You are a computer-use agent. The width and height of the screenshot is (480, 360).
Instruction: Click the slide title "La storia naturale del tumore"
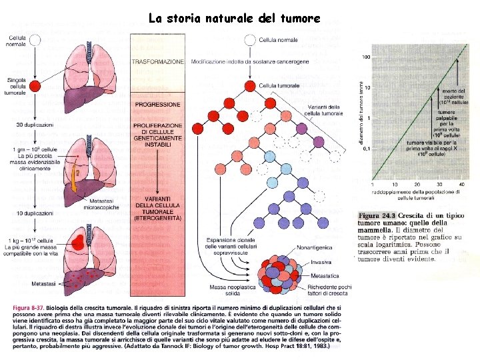coord(235,18)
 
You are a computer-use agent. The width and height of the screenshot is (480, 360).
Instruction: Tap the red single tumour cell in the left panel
coord(35,86)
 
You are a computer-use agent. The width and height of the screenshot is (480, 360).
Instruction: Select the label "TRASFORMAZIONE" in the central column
coord(157,61)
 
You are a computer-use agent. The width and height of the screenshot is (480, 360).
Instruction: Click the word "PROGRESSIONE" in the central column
coord(157,105)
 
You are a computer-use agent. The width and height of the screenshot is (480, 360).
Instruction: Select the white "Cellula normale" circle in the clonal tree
coord(250,39)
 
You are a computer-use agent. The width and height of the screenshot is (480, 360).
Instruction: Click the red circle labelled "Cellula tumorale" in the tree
coord(250,85)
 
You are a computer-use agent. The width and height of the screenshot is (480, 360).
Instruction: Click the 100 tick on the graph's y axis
coord(366,57)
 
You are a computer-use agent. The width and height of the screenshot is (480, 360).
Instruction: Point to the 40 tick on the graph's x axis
coord(462,183)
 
